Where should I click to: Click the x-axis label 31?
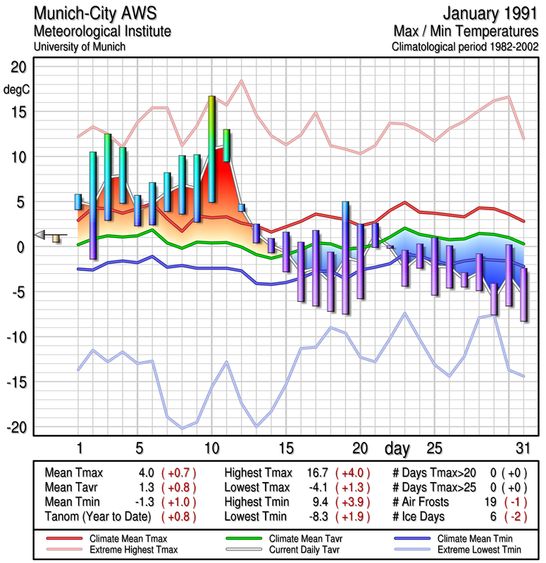coord(521,449)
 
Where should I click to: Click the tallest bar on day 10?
coord(211,149)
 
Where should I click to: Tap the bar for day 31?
coord(523,295)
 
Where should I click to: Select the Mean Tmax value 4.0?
coord(147,473)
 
